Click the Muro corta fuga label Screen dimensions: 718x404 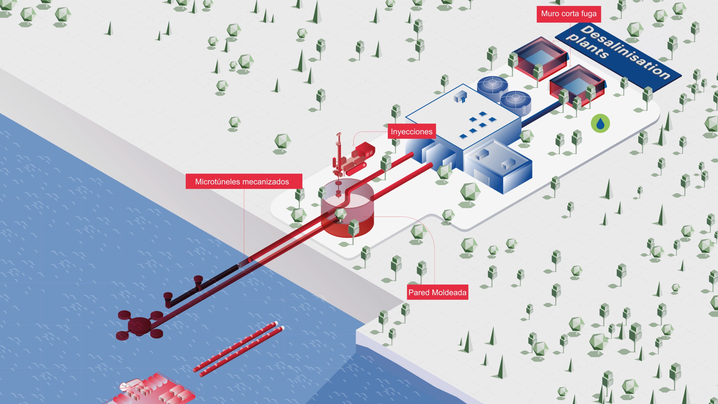pos(569,14)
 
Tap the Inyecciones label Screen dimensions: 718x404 pos(411,132)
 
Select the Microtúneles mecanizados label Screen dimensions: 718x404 pos(244,182)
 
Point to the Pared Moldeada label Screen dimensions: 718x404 pos(438,292)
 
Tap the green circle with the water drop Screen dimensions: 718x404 pos(600,123)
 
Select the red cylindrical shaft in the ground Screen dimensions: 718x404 pos(348,209)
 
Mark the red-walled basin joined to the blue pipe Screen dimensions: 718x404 pos(576,86)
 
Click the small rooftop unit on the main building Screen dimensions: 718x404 pos(460,96)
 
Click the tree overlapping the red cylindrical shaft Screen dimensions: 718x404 pos(340,215)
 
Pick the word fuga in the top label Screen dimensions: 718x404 pos(589,14)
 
